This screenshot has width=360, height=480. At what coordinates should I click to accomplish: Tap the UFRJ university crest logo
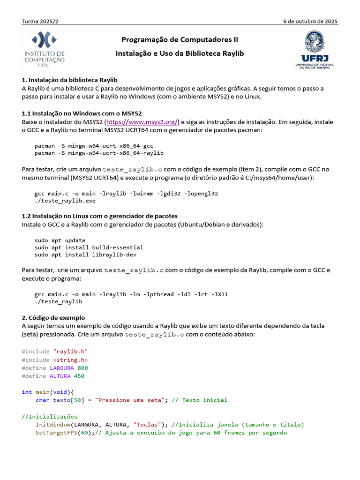click(314, 50)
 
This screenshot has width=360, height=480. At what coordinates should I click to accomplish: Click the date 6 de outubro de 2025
click(310, 22)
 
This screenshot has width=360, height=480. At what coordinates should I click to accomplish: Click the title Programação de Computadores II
click(180, 39)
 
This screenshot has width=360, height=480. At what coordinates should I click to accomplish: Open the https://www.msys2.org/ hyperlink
click(146, 122)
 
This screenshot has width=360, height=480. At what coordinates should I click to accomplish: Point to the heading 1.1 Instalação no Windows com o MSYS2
click(82, 113)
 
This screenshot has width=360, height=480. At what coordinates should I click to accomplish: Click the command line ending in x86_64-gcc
click(94, 146)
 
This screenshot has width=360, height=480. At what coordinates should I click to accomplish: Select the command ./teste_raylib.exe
click(65, 201)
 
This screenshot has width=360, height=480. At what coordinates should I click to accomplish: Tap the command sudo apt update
click(60, 240)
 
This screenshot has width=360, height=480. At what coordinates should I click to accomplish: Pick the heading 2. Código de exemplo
click(53, 317)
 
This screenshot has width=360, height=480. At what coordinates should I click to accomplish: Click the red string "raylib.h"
click(71, 351)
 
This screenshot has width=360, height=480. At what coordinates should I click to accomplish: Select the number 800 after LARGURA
click(82, 368)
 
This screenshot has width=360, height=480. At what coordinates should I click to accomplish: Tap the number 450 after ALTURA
click(79, 376)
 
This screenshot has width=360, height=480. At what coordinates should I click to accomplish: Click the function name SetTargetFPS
click(56, 433)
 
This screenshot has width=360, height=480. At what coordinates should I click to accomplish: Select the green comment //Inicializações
click(50, 416)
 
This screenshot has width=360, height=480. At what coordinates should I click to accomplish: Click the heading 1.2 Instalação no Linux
click(99, 216)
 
